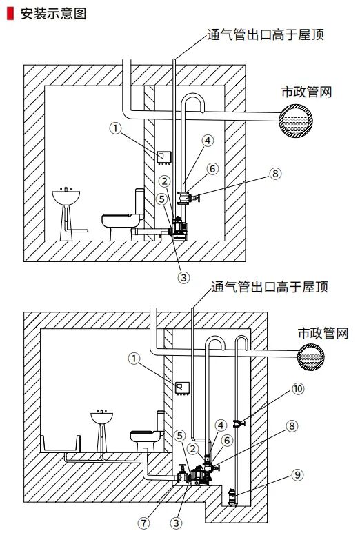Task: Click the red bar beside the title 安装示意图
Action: click(x=10, y=14)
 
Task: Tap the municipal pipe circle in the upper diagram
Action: click(x=296, y=121)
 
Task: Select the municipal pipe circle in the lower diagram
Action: click(x=311, y=357)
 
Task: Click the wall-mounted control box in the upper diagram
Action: click(x=164, y=158)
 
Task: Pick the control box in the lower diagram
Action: click(x=182, y=388)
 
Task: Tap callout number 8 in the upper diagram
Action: click(x=275, y=173)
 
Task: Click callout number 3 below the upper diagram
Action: click(x=183, y=277)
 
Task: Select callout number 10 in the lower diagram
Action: click(x=298, y=388)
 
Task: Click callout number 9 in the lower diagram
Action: click(x=297, y=474)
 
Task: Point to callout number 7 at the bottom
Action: click(x=144, y=523)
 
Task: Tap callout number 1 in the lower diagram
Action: click(x=134, y=358)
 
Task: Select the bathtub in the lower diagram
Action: click(x=61, y=444)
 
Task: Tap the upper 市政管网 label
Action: click(x=306, y=92)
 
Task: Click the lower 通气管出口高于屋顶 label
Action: click(x=270, y=287)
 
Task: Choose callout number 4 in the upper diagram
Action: click(x=208, y=141)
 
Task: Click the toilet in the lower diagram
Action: click(x=148, y=432)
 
